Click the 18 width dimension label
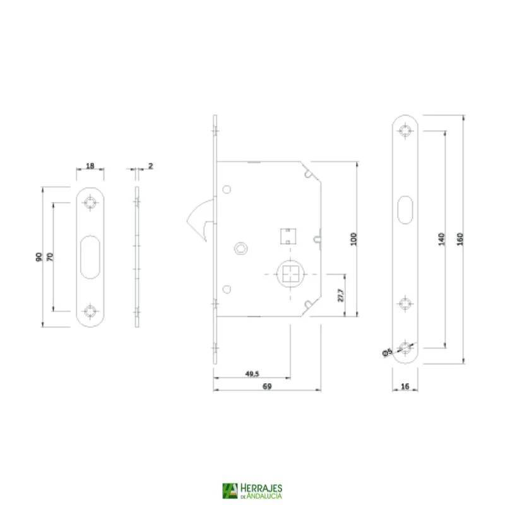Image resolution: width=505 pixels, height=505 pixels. coord(90,165)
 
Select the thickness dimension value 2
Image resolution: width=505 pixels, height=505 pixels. coord(150,165)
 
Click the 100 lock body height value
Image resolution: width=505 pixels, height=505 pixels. coord(353,239)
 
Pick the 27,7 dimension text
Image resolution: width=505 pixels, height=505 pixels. coord(341,295)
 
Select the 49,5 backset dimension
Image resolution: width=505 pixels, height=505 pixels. coord(251,374)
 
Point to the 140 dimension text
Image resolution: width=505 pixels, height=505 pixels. coord(442,239)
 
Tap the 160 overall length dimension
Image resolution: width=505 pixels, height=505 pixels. coord(460,239)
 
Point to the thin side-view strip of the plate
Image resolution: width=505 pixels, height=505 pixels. coord(137,256)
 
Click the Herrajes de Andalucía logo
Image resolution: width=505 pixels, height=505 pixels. coord(252,491)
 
